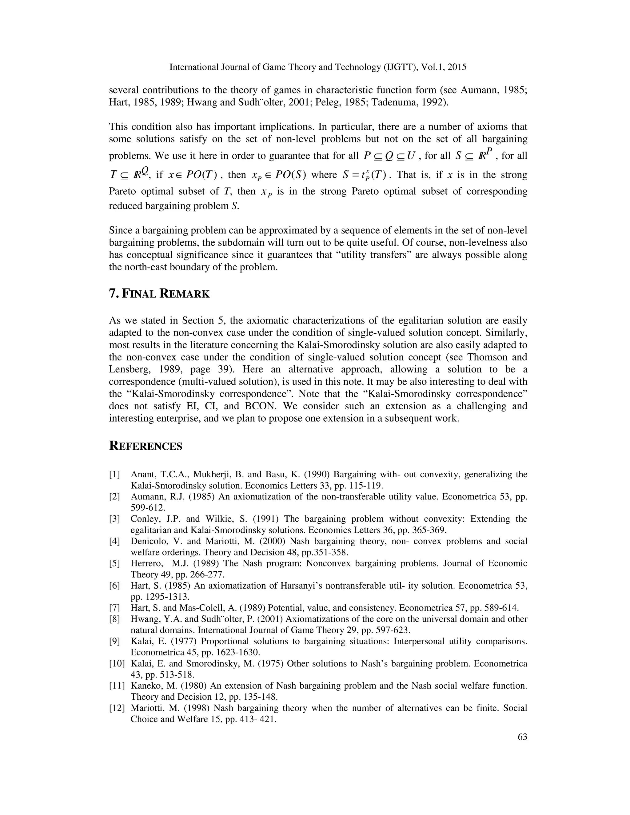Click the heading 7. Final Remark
159,294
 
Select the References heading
146,446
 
